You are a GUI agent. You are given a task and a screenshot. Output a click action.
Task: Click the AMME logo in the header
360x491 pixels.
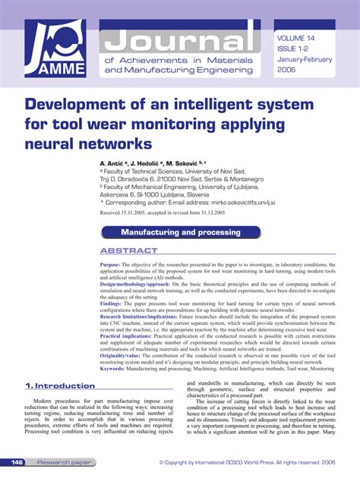click(55, 49)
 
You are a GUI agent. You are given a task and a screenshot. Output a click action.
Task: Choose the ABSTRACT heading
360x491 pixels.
click(129, 250)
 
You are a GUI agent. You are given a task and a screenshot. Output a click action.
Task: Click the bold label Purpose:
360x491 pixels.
click(111, 265)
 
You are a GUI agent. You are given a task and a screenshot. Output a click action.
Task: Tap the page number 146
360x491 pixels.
click(17, 461)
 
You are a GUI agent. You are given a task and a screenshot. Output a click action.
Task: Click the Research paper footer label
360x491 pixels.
click(65, 461)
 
